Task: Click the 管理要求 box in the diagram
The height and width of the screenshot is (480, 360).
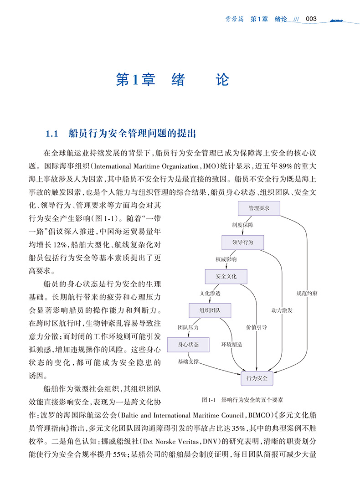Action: coord(259,208)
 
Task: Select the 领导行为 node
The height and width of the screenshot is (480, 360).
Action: coord(243,242)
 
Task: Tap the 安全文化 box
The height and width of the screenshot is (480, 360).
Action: coord(226,276)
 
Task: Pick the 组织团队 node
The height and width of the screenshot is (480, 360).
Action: coord(210,310)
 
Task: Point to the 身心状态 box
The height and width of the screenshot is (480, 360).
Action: coord(188,344)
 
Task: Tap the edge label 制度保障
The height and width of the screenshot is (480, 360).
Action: coord(242,225)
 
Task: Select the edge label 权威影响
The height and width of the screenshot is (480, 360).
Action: coord(226,259)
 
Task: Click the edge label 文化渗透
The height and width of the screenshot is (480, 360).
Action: coord(210,294)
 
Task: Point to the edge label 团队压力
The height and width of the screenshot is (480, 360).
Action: coord(188,327)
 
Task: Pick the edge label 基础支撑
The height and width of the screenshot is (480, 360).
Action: coord(188,361)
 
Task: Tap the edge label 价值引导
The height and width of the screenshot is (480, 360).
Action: coord(257,327)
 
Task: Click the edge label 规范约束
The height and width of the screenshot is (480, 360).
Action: coord(307,294)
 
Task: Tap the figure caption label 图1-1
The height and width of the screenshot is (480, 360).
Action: coord(208,400)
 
